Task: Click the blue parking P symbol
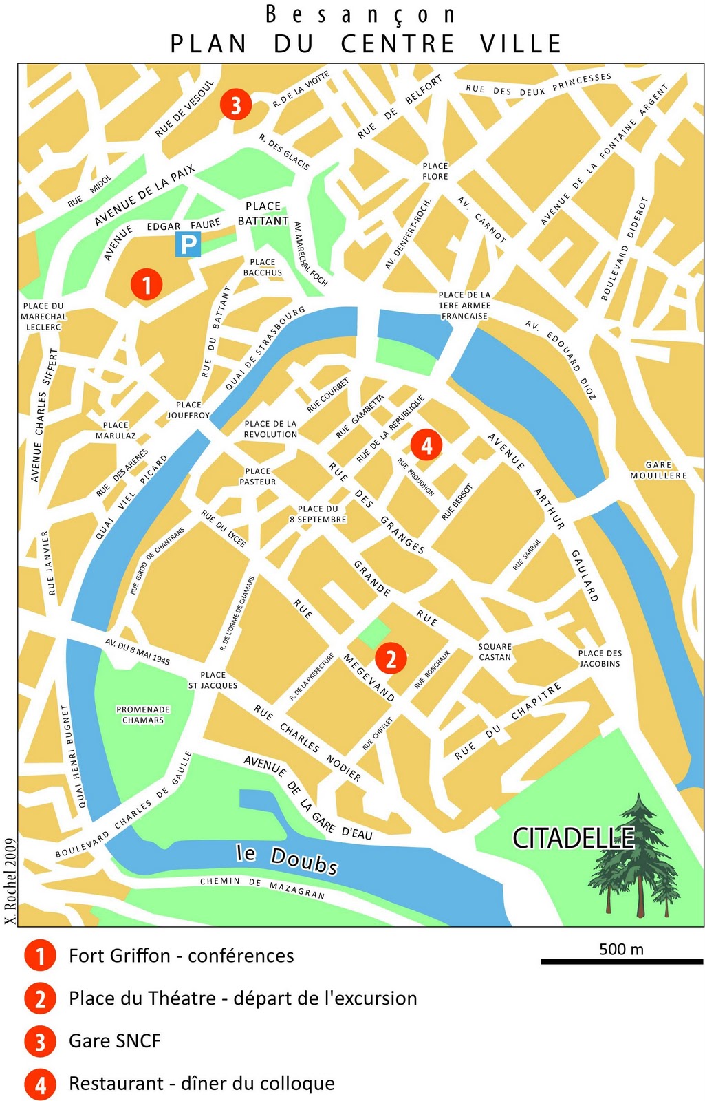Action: (188, 245)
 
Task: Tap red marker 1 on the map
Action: (146, 284)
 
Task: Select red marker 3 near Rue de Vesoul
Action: (236, 105)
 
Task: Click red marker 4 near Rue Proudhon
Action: (426, 445)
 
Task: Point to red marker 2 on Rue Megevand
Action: (391, 659)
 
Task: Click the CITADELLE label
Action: (573, 837)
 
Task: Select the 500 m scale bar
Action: (622, 961)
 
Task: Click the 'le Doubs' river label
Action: (288, 858)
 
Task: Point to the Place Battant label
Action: (263, 213)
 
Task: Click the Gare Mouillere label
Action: (658, 471)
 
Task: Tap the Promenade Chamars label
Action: (143, 715)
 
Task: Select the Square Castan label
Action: (495, 652)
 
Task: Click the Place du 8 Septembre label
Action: (318, 514)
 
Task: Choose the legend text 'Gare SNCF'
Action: (114, 1041)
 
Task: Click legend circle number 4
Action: (40, 1084)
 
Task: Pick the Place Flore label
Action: (435, 171)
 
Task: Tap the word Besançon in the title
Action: (360, 14)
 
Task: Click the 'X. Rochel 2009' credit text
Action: (10, 881)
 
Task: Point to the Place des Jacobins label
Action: (600, 659)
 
